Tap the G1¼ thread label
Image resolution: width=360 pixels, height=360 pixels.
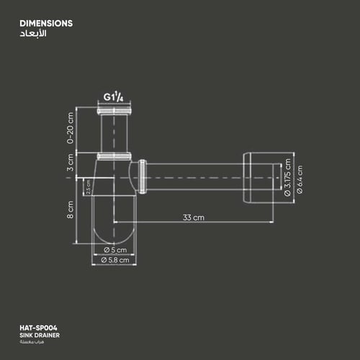click(113, 96)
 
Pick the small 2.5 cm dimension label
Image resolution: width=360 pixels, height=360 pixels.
click(89, 187)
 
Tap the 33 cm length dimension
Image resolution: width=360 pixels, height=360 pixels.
click(193, 217)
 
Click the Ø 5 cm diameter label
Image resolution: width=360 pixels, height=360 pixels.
click(114, 250)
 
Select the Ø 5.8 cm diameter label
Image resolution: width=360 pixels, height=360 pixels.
click(114, 260)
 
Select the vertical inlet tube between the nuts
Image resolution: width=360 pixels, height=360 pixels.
click(113, 133)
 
